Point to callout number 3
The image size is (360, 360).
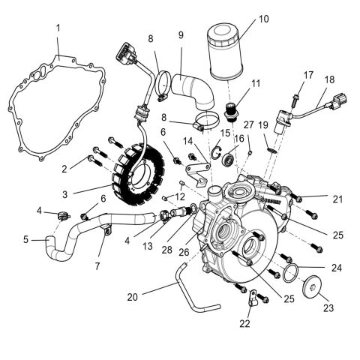(65, 194)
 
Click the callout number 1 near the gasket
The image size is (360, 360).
(58, 28)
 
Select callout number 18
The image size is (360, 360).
(329, 79)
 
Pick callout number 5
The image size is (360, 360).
(25, 240)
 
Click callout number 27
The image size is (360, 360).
(249, 124)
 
